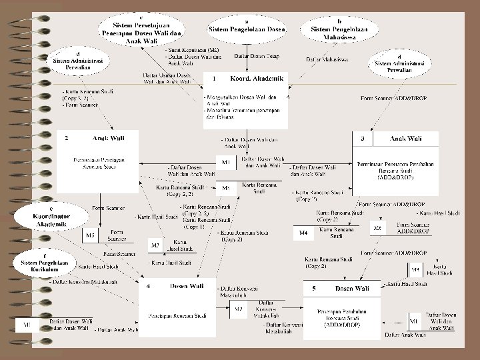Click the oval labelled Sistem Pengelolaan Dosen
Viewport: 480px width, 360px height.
(x=247, y=26)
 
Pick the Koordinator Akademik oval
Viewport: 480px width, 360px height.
(x=52, y=217)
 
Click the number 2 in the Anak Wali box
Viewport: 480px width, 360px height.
(x=66, y=139)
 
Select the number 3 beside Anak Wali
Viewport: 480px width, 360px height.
(x=362, y=139)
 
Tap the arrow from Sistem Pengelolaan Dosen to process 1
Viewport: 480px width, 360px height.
(x=247, y=53)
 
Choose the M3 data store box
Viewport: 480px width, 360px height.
(x=155, y=246)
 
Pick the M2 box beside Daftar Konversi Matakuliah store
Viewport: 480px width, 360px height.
(x=239, y=309)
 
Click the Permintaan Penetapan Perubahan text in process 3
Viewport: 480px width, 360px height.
(x=396, y=164)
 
